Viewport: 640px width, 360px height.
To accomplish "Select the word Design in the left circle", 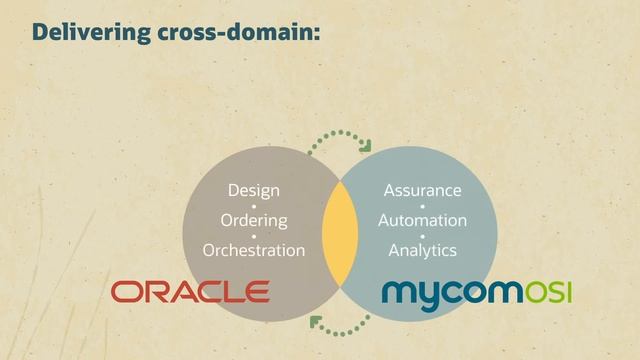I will click(254, 190).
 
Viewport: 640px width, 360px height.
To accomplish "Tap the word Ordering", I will click(254, 220).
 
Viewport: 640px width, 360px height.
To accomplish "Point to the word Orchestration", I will click(254, 250).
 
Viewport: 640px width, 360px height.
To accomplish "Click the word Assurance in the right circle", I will click(422, 190).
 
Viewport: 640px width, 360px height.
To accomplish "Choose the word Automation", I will click(422, 220).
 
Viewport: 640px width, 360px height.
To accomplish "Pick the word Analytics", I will click(422, 250).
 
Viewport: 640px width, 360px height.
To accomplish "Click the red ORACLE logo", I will click(190, 292).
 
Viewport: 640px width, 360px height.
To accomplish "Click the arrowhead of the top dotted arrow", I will click(365, 146).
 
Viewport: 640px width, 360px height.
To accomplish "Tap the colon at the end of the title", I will click(316, 34).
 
